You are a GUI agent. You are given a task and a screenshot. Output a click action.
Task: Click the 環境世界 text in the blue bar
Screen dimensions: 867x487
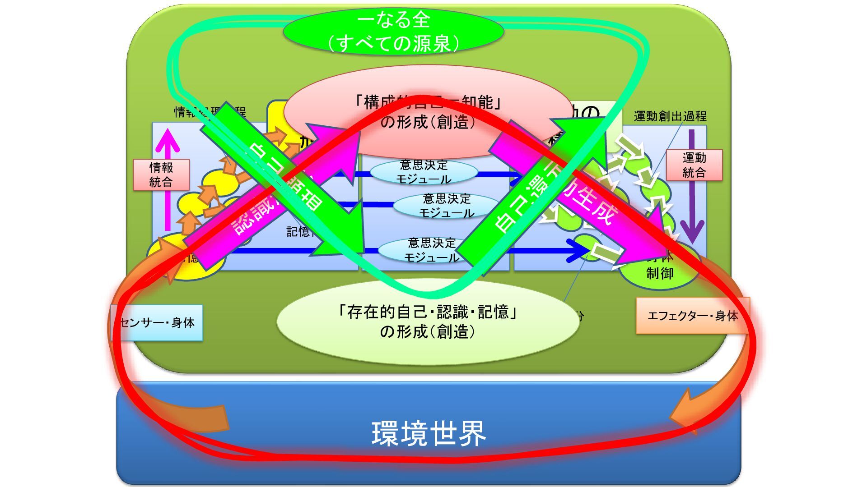point(428,433)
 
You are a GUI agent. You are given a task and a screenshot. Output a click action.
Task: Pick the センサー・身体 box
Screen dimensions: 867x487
point(157,323)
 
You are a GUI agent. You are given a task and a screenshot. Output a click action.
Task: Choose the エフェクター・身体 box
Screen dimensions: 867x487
point(692,316)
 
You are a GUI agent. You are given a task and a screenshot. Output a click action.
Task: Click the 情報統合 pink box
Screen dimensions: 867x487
point(161,175)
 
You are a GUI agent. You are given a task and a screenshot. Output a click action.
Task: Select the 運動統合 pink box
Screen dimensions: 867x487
point(694,165)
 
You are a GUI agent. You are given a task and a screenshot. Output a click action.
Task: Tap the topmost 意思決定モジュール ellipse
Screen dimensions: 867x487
point(424,172)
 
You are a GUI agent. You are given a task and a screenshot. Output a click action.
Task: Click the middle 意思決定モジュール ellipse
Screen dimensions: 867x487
point(446,206)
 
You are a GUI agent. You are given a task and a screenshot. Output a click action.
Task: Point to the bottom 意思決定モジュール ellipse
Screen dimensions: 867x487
point(431,250)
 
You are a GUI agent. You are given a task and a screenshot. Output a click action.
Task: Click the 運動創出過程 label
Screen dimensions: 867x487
point(670,116)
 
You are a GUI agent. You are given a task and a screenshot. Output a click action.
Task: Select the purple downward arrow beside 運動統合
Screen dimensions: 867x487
point(692,189)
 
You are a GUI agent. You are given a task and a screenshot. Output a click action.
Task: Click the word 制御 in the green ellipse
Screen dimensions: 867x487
point(660,273)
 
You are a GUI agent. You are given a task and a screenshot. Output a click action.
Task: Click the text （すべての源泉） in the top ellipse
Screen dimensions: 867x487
point(393,43)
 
